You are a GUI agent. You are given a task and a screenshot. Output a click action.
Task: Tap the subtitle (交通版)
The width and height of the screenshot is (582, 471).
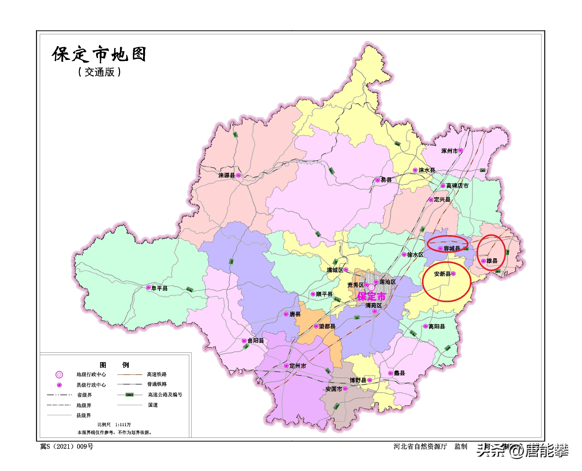pyautogui.click(x=99, y=72)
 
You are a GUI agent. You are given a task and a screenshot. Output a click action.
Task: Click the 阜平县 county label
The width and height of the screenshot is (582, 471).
pyautogui.click(x=159, y=288)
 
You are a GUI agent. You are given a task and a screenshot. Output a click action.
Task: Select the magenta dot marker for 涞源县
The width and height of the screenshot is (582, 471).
pyautogui.click(x=238, y=175)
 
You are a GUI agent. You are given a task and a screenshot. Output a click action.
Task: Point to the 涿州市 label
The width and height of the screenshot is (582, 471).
pyautogui.click(x=449, y=151)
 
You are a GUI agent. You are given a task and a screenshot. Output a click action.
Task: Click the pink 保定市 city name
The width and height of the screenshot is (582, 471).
pyautogui.click(x=372, y=296)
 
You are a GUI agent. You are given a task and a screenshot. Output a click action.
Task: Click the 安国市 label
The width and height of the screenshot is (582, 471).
pyautogui.click(x=334, y=389)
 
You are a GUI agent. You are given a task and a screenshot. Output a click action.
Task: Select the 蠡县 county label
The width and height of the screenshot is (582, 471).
pyautogui.click(x=399, y=373)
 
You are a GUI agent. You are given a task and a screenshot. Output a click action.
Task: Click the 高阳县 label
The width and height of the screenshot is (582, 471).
pyautogui.click(x=437, y=326)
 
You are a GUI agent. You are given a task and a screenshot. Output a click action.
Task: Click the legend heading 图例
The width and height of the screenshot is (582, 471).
pyautogui.click(x=114, y=365)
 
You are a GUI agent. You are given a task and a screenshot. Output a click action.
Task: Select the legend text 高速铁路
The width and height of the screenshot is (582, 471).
pyautogui.click(x=157, y=374)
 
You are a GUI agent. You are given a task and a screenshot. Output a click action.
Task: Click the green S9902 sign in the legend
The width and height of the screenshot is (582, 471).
pyautogui.click(x=130, y=395)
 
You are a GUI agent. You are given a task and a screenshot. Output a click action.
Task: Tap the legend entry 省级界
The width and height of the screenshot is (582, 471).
pyautogui.click(x=84, y=395)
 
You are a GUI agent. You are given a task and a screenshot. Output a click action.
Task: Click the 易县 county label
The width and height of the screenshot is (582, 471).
pyautogui.click(x=386, y=180)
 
